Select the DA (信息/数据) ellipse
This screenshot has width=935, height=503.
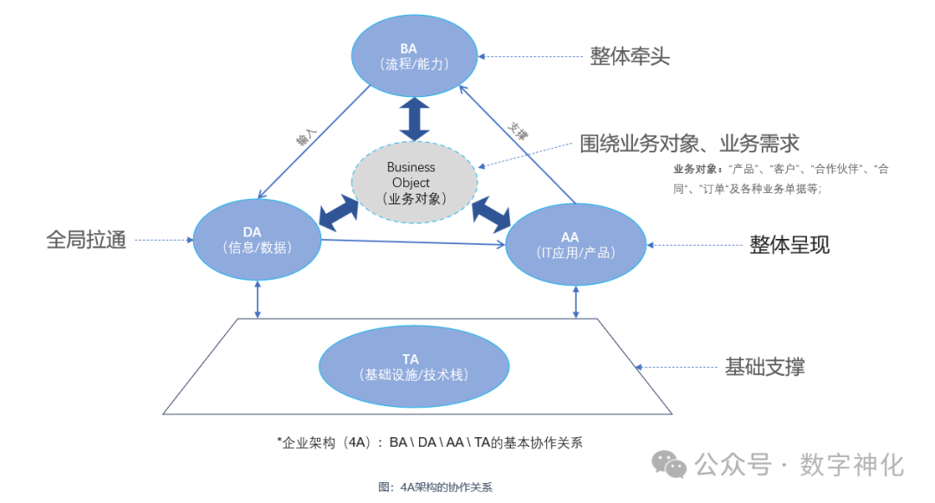(x=256, y=239)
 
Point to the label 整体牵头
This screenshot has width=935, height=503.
(x=630, y=56)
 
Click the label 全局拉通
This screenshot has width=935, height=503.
(x=87, y=239)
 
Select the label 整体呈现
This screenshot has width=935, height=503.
(x=790, y=245)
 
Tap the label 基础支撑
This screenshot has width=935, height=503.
(x=764, y=366)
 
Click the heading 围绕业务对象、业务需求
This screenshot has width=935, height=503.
(x=689, y=143)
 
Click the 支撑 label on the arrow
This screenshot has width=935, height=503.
(x=518, y=131)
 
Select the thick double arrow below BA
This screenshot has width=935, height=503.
(x=414, y=119)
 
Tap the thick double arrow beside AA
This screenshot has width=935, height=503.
(x=491, y=213)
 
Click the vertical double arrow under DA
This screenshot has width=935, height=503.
(x=257, y=299)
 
